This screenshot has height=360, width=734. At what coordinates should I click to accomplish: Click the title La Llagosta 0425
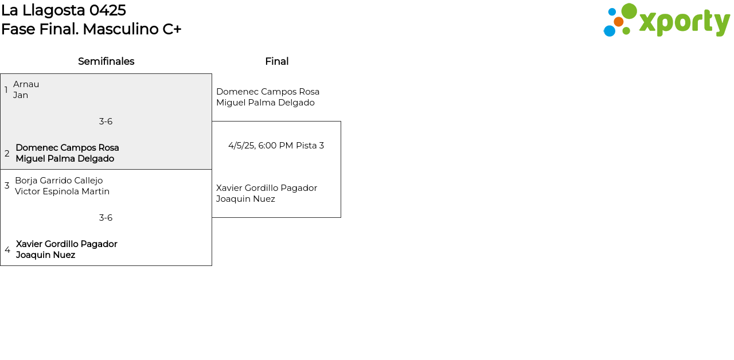[64, 10]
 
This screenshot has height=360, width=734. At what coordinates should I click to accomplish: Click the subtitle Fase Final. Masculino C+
[91, 29]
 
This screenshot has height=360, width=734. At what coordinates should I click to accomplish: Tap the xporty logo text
[684, 22]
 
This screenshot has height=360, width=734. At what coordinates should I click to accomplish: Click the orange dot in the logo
[618, 22]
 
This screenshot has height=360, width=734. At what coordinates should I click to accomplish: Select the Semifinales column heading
[106, 61]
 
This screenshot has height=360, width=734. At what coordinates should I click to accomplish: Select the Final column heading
[276, 61]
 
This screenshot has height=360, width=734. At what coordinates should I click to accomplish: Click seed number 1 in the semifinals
[6, 90]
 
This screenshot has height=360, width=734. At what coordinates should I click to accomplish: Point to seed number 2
[7, 154]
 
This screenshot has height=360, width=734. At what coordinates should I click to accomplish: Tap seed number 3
[7, 186]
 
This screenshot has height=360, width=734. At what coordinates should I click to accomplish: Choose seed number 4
[7, 250]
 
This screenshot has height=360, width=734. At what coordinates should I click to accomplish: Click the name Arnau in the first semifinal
[26, 84]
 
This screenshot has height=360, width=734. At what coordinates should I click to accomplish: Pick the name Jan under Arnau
[21, 95]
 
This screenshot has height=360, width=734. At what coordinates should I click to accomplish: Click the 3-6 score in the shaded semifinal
[106, 122]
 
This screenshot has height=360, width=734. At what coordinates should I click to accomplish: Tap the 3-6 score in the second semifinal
[106, 218]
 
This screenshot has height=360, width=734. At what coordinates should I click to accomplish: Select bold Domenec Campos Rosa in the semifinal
[67, 148]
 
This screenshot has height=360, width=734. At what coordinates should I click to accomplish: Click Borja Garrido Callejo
[58, 181]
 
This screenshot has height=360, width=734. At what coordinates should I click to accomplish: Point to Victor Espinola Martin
[62, 191]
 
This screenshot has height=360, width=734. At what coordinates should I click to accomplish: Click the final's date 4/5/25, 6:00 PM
[260, 146]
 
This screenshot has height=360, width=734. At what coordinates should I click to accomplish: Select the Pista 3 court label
[310, 146]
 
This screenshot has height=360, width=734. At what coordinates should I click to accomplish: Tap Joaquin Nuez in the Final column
[245, 199]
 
